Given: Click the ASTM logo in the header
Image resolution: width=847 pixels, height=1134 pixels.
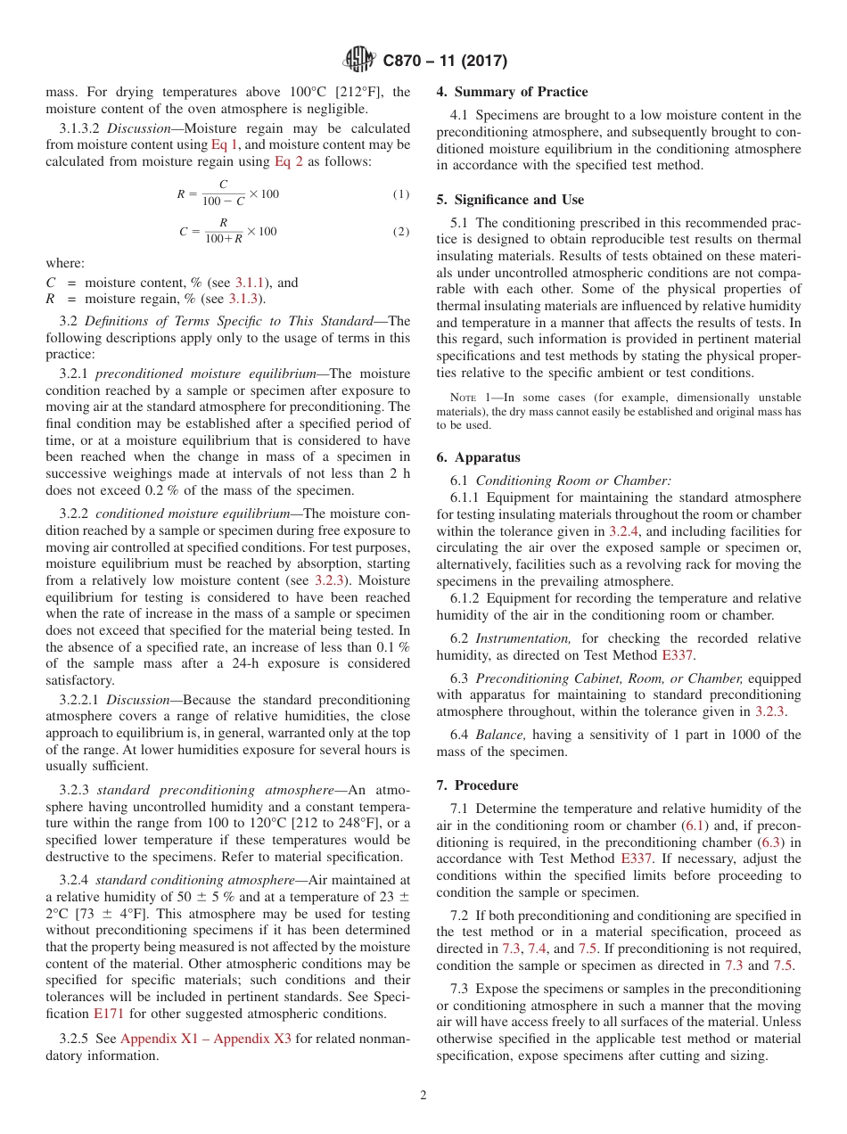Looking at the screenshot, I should click(360, 61).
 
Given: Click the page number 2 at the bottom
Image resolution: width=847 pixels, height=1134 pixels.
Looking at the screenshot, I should click(423, 1096).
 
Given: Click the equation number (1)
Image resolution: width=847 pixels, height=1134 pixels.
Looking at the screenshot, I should click(401, 194).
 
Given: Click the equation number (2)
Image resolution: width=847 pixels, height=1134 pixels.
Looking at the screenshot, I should click(401, 232).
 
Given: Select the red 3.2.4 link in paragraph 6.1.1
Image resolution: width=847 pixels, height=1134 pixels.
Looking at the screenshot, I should click(622, 530).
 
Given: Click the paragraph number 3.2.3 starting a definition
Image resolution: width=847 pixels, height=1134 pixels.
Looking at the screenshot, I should click(74, 790).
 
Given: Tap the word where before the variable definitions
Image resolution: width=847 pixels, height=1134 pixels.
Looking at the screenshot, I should click(65, 263).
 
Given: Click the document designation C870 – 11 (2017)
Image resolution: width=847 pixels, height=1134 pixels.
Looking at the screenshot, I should click(445, 62).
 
